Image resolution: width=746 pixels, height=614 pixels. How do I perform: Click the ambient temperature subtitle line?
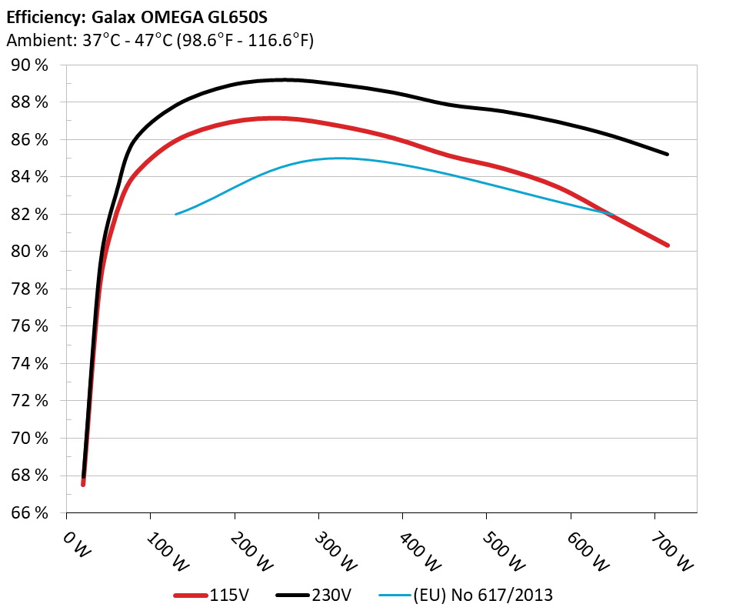159,41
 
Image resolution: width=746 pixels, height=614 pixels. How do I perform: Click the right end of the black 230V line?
667,154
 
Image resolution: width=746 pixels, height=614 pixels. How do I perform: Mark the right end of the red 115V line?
667,245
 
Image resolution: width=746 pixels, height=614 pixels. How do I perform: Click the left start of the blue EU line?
176,214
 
